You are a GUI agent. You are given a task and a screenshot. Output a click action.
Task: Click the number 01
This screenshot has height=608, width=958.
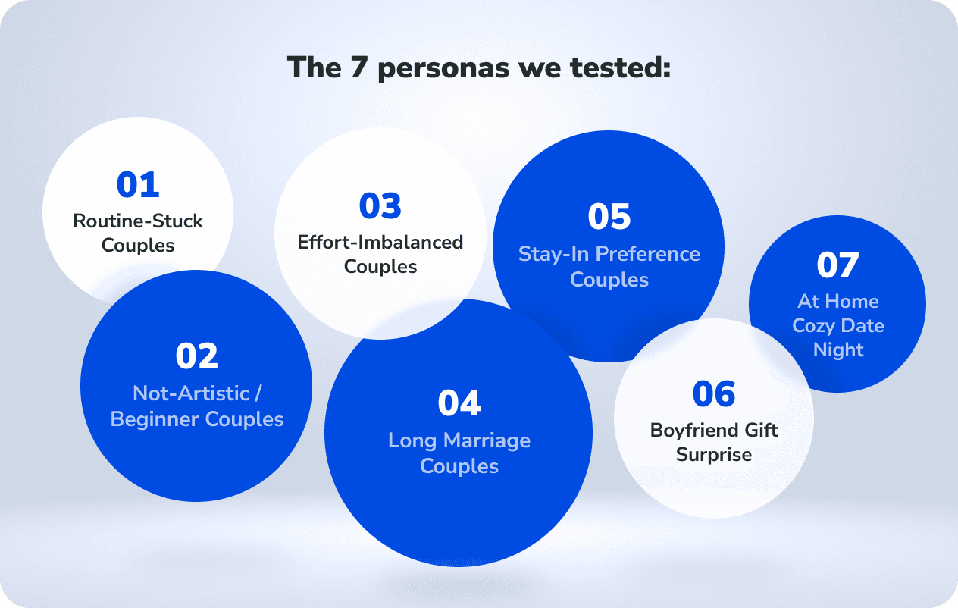(x=138, y=184)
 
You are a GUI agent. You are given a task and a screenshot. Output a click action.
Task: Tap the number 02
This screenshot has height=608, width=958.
(x=197, y=356)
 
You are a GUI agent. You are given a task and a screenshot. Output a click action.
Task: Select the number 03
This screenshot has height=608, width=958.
(x=380, y=205)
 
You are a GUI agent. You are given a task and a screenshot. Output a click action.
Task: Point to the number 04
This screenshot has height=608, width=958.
(x=459, y=403)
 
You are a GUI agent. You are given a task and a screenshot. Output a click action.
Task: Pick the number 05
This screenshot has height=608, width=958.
(x=609, y=216)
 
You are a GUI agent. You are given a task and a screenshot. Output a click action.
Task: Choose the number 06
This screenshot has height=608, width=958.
(x=714, y=393)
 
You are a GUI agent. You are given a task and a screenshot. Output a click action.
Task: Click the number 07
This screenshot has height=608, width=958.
(x=837, y=265)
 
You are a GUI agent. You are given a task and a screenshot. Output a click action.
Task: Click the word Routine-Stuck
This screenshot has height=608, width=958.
(x=138, y=221)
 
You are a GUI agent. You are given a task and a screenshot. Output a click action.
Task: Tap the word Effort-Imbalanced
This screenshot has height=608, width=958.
(x=380, y=242)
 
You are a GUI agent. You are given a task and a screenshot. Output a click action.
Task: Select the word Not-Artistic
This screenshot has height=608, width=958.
(x=191, y=393)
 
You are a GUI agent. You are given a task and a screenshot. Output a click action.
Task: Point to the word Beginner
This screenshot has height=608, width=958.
(x=155, y=420)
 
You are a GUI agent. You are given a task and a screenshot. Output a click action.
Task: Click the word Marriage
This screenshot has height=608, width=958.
(x=487, y=441)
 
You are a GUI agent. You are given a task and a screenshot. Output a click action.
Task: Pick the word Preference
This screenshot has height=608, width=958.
(x=647, y=254)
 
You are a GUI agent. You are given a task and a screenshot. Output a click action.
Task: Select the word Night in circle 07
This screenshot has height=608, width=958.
(x=838, y=350)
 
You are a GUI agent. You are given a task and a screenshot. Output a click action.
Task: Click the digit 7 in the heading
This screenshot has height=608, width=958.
(x=360, y=67)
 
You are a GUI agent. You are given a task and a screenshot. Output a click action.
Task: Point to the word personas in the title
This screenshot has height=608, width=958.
(x=443, y=69)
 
